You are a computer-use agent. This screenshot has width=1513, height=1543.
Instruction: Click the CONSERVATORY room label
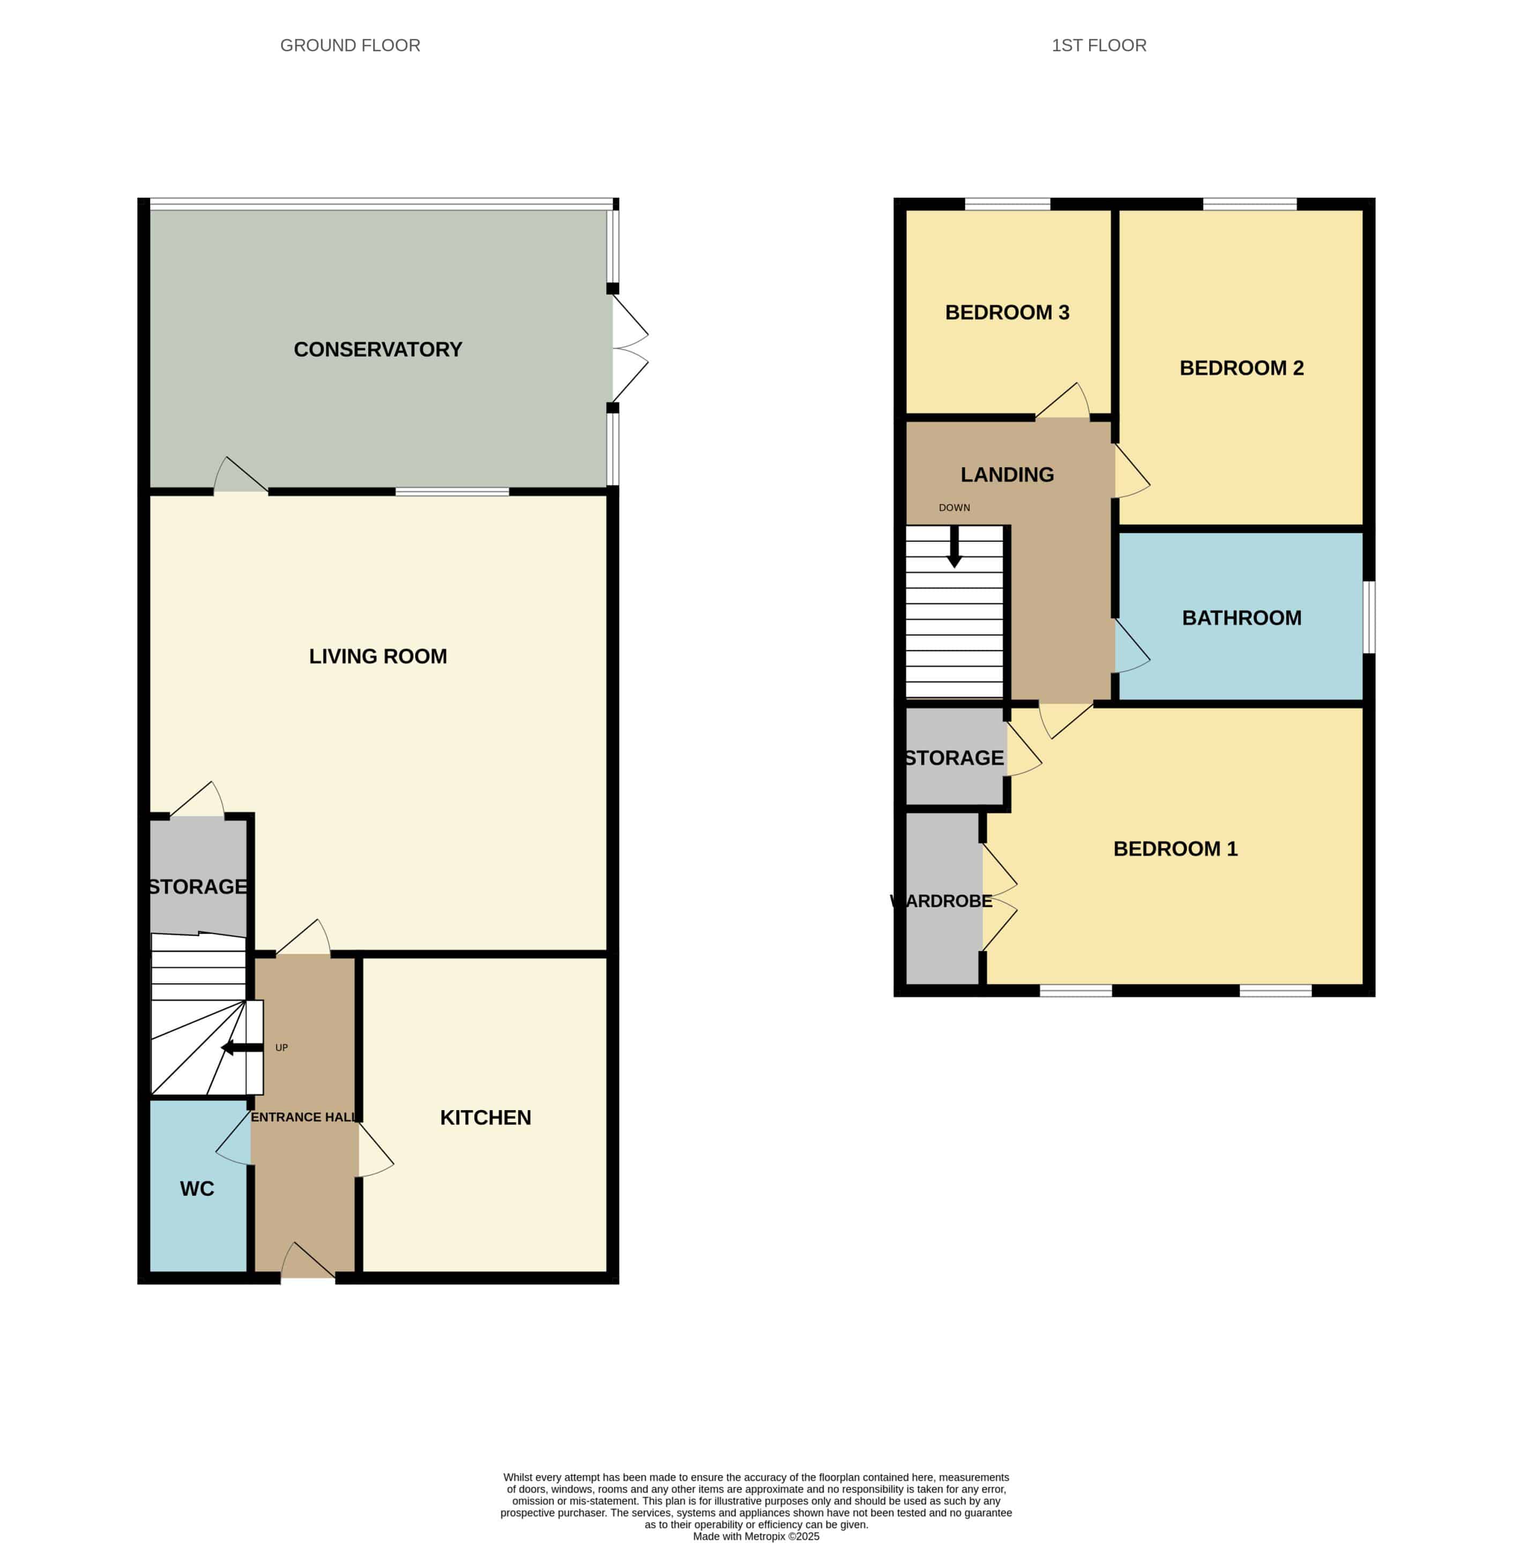click(377, 350)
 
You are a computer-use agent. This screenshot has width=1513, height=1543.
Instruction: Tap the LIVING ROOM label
click(377, 656)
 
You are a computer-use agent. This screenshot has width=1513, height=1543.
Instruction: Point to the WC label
click(197, 1189)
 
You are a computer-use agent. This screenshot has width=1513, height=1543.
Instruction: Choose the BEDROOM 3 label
click(1007, 312)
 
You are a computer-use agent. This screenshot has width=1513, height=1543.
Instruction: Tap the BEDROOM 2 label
click(1241, 368)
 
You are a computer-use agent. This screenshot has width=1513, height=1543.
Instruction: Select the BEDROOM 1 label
click(1175, 849)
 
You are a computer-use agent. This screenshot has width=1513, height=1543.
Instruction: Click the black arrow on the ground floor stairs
click(242, 1048)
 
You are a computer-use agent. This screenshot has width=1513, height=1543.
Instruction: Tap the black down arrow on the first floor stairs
click(955, 546)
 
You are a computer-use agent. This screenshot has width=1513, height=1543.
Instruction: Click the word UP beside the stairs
click(281, 1048)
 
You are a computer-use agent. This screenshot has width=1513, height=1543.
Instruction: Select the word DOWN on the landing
click(955, 508)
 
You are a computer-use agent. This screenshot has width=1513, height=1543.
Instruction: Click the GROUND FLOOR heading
click(349, 46)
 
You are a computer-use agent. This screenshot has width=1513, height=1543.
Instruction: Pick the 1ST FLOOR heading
click(1099, 46)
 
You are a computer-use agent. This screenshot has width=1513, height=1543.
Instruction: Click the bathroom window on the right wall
click(1369, 617)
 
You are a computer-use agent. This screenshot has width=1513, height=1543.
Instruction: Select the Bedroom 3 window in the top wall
click(1007, 204)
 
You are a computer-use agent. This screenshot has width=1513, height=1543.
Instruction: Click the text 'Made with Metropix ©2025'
click(756, 1537)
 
